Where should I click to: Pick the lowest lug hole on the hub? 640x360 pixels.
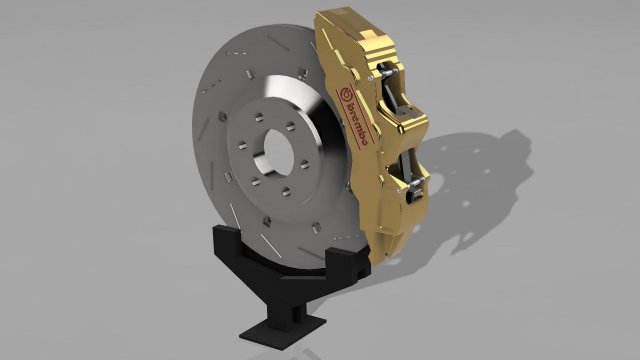[286, 194]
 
